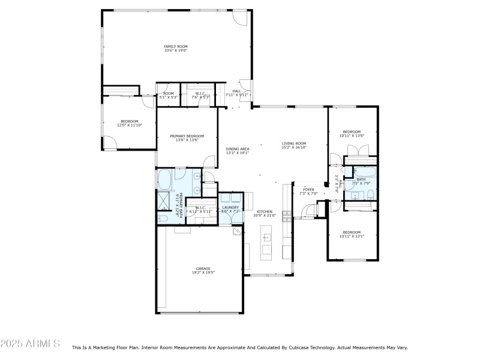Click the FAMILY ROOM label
176,46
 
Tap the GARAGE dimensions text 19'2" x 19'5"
203,272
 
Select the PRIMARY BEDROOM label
187,136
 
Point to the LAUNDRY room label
230,208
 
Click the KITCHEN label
265,211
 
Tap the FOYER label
308,190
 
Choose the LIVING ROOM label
294,143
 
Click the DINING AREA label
238,149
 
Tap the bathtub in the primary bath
166,178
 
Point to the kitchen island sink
266,238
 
